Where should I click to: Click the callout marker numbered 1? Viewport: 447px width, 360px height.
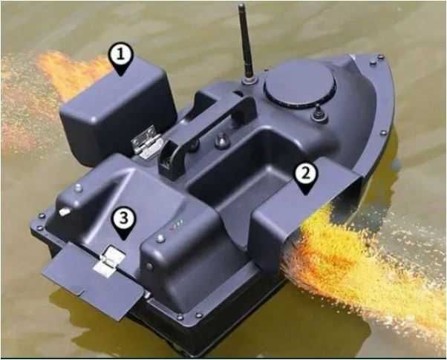click(121, 59)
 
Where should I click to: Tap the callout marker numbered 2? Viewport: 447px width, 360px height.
click(305, 178)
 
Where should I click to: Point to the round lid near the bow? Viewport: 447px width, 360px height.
click(300, 84)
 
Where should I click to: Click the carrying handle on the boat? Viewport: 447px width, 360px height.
click(204, 134)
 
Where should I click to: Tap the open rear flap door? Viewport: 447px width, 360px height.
click(92, 281)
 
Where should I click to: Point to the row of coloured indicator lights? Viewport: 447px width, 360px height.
click(176, 225)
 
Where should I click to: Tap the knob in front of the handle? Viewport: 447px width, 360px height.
click(222, 140)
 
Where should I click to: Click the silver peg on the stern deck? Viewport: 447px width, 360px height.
click(65, 212)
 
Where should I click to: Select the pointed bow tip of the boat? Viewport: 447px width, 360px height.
click(381, 56)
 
